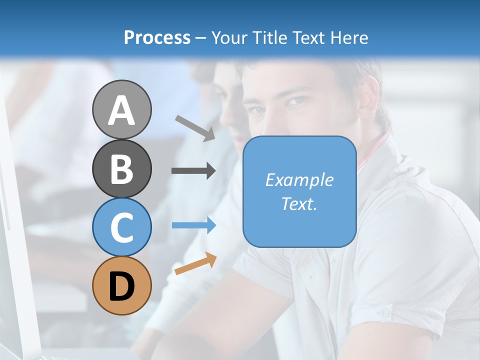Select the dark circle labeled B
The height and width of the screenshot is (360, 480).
pos(121,168)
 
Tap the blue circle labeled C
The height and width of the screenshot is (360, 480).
pos(121,227)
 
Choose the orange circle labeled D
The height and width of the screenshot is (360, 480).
pos(121,286)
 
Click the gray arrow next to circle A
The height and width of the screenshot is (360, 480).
pos(195,128)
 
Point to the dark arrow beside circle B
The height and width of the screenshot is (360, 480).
pos(193,171)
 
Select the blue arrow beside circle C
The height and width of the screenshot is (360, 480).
pos(193,225)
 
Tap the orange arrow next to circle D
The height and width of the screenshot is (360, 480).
pos(195,263)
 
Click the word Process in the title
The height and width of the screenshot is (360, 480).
pos(157,37)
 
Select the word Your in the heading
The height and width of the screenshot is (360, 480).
pos(229,37)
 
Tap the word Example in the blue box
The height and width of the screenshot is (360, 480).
pos(299,180)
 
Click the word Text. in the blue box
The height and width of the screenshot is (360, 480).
pos(299,204)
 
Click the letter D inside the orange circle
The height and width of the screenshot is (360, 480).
pos(121,287)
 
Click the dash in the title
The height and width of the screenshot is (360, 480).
pos(200,38)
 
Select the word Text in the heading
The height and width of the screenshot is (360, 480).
pos(305,37)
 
